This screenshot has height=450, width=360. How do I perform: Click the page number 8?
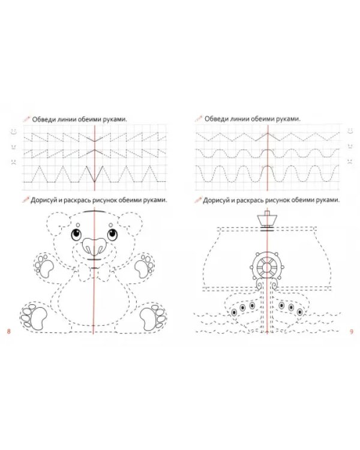point(8,331)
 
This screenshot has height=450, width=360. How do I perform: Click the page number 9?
point(352,331)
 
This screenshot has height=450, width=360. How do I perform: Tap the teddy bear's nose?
point(94,246)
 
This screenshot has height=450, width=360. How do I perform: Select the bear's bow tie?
point(94,274)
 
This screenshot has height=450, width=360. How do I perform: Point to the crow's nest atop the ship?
point(267,218)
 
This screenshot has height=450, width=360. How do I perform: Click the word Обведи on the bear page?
point(43,119)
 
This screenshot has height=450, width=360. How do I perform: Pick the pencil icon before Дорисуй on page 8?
point(26,200)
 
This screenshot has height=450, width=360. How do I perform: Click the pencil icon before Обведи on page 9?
point(199,119)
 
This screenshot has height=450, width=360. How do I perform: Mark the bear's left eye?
point(76,235)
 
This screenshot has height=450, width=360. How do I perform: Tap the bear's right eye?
point(112,235)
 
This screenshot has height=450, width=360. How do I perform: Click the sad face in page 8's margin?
point(14,162)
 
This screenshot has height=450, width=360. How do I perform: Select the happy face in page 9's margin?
point(350,131)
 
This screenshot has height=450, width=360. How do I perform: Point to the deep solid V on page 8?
point(94,174)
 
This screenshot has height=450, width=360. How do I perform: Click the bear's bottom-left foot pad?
point(38,317)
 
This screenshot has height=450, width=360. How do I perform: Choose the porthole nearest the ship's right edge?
point(300,311)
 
